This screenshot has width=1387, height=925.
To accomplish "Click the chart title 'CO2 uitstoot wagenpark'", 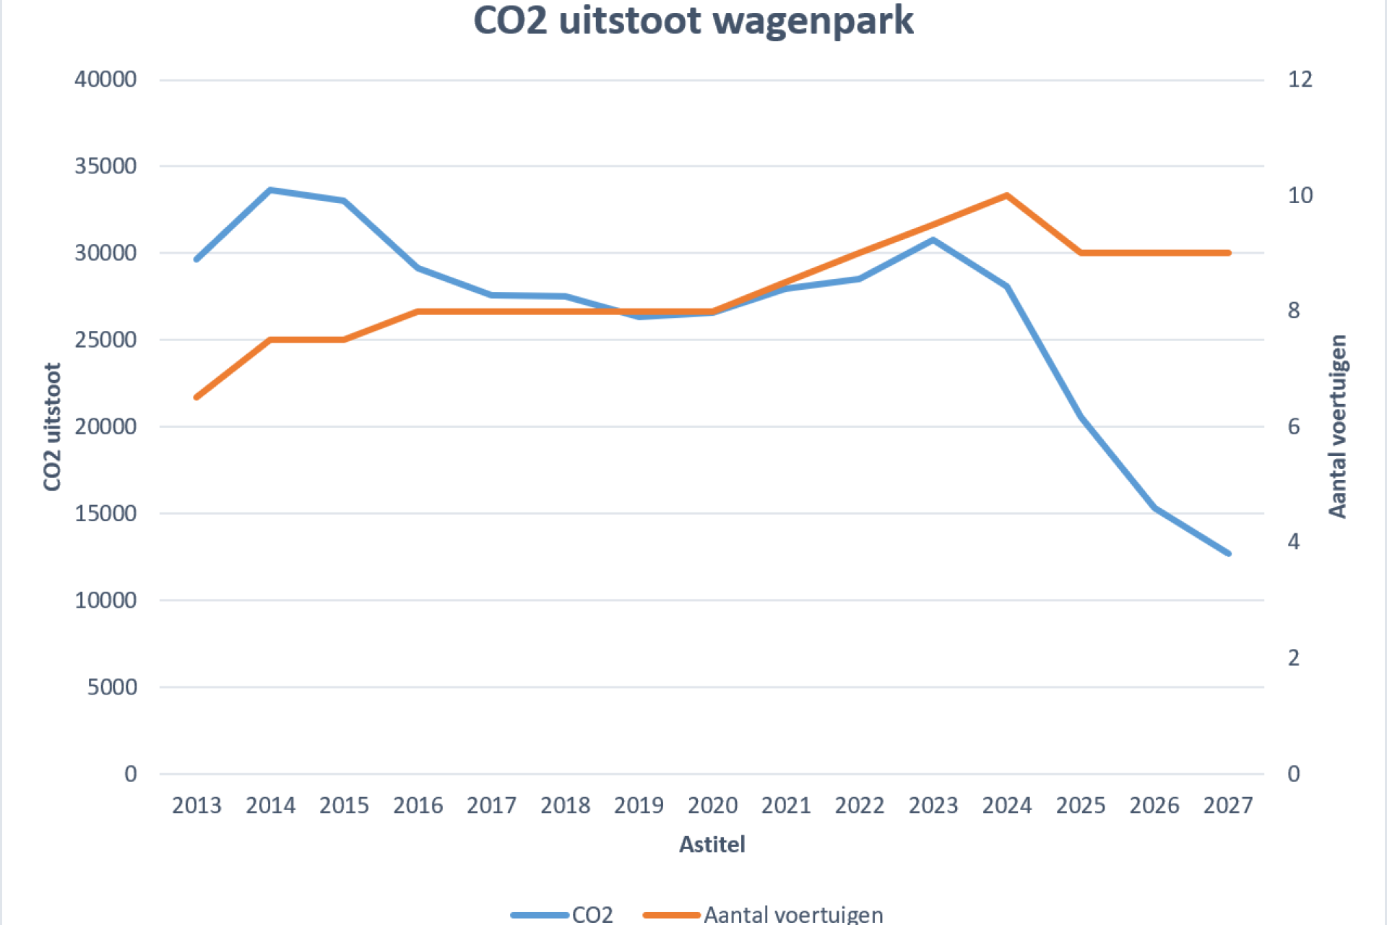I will (x=693, y=20).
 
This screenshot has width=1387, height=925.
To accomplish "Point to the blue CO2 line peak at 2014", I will (x=270, y=190).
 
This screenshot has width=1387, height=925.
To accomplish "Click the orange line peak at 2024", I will (x=1006, y=195).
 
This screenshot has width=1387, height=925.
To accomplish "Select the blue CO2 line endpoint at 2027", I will (x=1228, y=554).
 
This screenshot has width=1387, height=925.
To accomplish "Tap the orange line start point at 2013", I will (x=196, y=397).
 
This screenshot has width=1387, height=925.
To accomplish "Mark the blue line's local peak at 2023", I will (x=933, y=239).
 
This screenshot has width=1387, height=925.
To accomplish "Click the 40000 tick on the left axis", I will (x=105, y=79).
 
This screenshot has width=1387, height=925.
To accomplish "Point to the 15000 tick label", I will (x=105, y=513).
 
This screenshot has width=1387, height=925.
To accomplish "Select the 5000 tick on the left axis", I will (x=112, y=687).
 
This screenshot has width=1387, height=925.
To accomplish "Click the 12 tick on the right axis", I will (x=1300, y=79).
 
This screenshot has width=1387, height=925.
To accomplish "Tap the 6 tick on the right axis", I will (x=1294, y=426).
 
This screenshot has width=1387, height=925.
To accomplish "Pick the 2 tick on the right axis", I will (x=1294, y=658).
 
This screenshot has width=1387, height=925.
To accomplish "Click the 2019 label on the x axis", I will (x=639, y=805).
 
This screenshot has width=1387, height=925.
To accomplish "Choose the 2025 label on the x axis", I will (x=1081, y=805).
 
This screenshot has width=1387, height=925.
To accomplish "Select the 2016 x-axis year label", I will (x=418, y=805).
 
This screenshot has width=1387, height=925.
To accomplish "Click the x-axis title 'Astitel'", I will (x=712, y=844).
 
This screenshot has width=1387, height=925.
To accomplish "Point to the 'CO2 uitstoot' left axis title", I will (x=52, y=426).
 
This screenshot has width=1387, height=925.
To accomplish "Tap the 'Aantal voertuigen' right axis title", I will (x=1338, y=426).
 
